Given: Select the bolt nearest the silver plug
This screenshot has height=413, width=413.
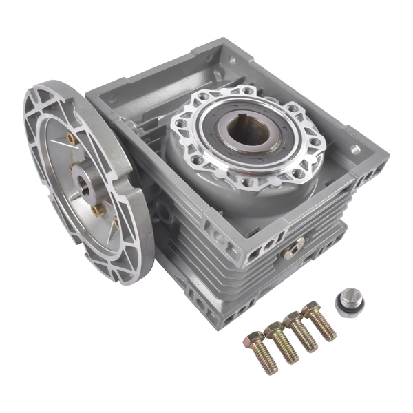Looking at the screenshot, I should [x=318, y=320].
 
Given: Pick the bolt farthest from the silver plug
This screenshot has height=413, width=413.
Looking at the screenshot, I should [x=261, y=352].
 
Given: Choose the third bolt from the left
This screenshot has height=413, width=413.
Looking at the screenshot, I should [x=300, y=331].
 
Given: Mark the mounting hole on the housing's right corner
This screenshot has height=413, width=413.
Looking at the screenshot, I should [x=356, y=149].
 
